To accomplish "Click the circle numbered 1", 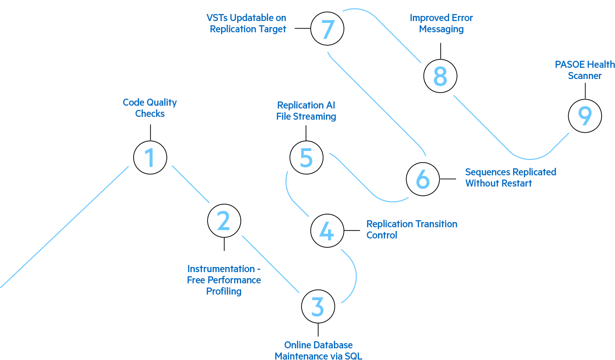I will [x=150, y=158].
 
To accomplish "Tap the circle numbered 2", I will [x=224, y=221].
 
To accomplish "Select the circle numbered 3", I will [x=318, y=307].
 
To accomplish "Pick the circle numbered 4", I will [x=327, y=230].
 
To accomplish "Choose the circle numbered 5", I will [x=307, y=158].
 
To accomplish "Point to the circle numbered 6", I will [x=422, y=179].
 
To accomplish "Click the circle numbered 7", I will [x=328, y=29].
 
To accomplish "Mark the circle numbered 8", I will [x=440, y=76].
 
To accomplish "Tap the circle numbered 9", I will [x=585, y=116].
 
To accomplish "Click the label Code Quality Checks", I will [x=150, y=108].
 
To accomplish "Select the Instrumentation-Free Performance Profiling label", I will [x=224, y=280].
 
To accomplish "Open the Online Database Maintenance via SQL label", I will [x=318, y=350].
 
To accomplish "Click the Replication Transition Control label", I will [x=412, y=230].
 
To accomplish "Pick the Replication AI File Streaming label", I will [x=306, y=111].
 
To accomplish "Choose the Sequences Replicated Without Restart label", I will [x=511, y=178].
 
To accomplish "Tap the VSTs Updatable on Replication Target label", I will [x=247, y=23].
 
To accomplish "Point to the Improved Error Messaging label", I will [x=441, y=23].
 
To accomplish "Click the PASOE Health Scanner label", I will [x=585, y=70].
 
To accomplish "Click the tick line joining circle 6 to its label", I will [x=451, y=179].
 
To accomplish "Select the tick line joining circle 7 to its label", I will [x=300, y=29].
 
